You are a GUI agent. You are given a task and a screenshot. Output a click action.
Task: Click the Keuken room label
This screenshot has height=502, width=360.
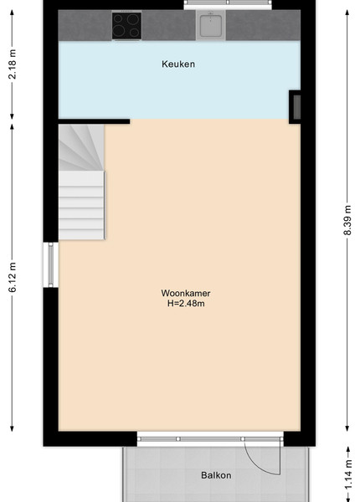178,64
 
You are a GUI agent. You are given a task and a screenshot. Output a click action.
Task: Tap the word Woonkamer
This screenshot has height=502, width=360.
186,293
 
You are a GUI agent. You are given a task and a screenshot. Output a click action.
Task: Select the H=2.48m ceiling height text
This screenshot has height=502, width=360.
186,303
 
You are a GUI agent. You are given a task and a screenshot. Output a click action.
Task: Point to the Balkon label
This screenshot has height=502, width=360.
216,475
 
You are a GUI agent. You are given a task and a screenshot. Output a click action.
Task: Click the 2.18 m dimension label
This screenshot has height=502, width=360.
13,64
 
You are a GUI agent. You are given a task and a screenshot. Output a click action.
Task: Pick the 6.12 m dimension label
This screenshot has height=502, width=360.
13,277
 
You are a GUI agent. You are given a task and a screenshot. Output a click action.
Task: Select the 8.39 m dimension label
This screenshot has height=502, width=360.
347,220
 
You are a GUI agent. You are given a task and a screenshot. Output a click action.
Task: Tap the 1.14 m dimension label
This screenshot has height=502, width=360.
349,474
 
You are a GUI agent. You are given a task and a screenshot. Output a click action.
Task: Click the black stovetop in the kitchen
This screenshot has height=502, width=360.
126,26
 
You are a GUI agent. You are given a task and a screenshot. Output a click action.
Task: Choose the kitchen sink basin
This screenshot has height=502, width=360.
210,26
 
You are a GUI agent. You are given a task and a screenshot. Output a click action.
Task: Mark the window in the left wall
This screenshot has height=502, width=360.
50,264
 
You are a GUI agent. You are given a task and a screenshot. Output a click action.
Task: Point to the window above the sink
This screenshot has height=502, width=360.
228,4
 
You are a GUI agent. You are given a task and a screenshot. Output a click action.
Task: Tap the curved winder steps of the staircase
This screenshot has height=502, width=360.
81,147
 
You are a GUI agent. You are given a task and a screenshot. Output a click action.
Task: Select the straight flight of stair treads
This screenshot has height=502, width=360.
81,205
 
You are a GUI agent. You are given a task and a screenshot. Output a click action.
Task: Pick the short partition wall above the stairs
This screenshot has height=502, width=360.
94,121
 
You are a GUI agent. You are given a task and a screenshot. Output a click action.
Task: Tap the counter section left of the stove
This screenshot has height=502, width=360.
85,26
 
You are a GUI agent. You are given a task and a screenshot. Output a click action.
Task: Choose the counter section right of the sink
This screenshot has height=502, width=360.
263,26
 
